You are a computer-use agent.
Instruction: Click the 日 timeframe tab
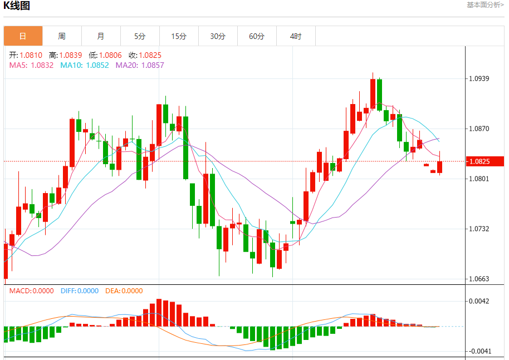tap(23, 36)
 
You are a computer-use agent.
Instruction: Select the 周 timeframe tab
tap(62, 36)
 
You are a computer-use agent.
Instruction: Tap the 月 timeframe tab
tap(101, 36)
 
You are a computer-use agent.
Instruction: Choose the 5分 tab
tap(140, 36)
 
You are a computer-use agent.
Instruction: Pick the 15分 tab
tap(179, 36)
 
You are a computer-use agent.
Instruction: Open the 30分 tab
tap(218, 36)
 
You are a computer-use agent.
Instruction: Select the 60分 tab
tap(257, 36)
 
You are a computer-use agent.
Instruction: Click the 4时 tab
tap(296, 36)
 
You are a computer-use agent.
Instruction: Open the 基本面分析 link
tap(485, 5)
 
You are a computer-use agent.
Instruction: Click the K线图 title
tap(17, 6)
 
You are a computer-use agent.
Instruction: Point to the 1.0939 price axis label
tap(479, 78)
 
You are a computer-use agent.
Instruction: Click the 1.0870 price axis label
tap(479, 129)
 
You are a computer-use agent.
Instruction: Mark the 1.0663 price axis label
tap(479, 279)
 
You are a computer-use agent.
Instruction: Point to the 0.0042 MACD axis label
tap(479, 301)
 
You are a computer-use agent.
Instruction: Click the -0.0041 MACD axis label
tap(478, 351)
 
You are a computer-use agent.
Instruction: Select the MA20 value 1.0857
tap(153, 65)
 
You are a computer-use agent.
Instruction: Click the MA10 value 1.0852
tap(97, 65)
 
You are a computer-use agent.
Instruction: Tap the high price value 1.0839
tap(70, 55)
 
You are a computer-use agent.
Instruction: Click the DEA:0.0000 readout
tap(124, 291)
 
